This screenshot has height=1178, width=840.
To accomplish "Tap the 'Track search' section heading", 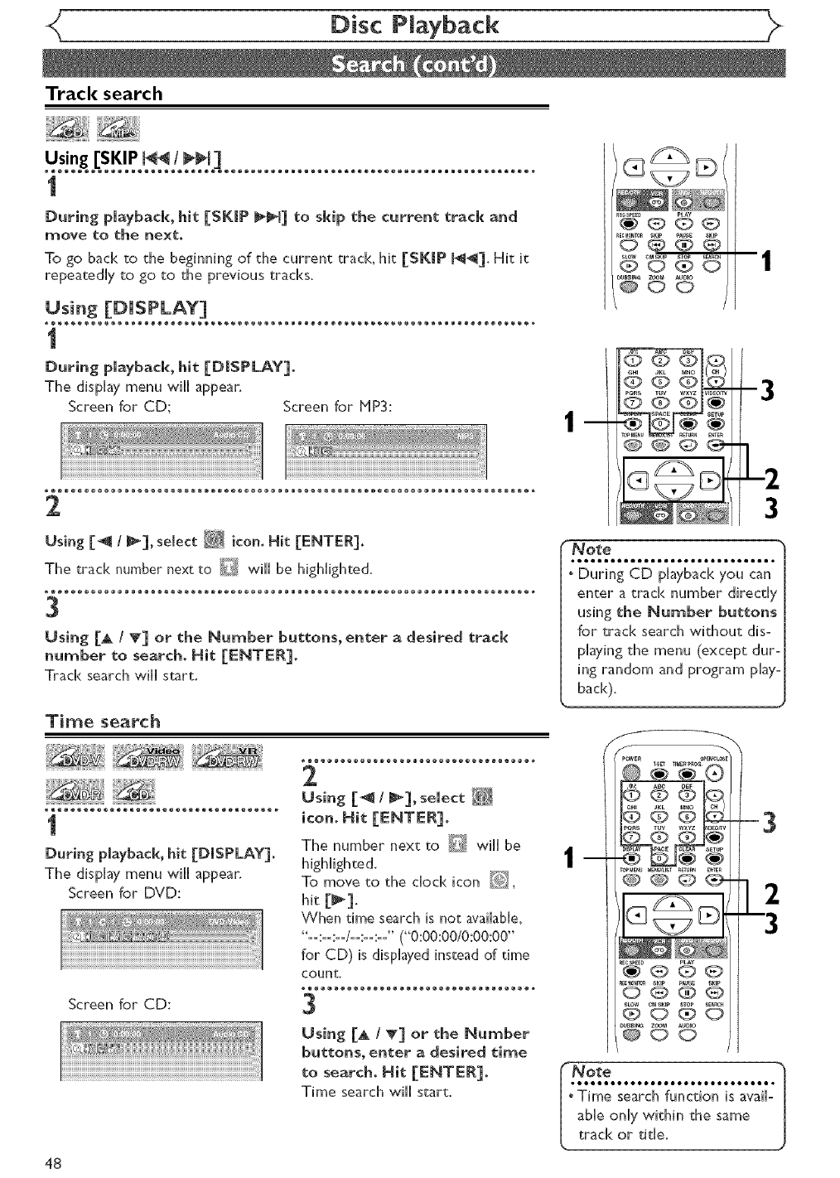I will click(104, 94).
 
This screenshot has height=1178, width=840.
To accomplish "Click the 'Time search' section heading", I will click(103, 721).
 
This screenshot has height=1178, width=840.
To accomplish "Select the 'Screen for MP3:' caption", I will click(337, 407).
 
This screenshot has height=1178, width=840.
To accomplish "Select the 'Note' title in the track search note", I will click(593, 549).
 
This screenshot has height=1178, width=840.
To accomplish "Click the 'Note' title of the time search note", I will click(593, 1070).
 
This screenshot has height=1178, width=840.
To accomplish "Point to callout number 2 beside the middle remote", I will click(770, 478).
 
